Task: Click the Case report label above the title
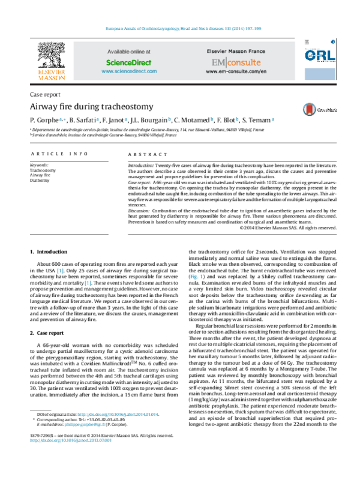click(44, 95)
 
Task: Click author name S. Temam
click(257, 120)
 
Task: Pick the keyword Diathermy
click(40, 180)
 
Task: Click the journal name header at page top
click(180, 28)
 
